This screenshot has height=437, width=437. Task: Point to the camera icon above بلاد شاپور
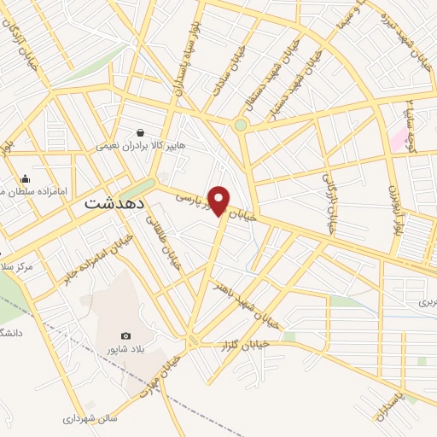tap(126, 335)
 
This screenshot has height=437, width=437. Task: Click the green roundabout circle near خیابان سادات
tap(241, 125)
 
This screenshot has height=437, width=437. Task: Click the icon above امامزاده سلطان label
tap(26, 178)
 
